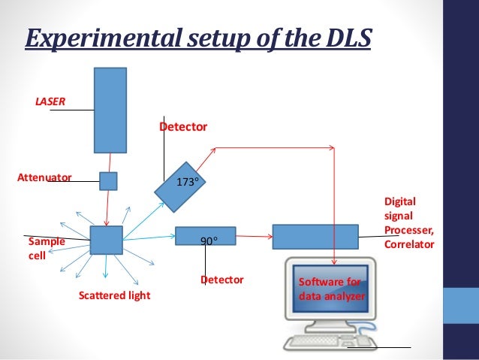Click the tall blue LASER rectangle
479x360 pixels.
tap(110, 110)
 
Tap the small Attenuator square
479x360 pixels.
tap(109, 181)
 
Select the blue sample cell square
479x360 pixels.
tap(106, 240)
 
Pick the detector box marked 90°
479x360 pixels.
tap(205, 236)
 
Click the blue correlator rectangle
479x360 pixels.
tap(315, 236)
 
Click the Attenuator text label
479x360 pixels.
tap(44, 178)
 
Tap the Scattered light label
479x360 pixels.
tap(114, 296)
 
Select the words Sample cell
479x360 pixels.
tap(46, 249)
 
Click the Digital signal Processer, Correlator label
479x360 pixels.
tap(408, 223)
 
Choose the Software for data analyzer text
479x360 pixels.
tap(331, 289)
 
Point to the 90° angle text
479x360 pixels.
tap(209, 241)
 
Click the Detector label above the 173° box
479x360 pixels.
tap(182, 128)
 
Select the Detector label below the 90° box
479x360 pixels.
tap(221, 280)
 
